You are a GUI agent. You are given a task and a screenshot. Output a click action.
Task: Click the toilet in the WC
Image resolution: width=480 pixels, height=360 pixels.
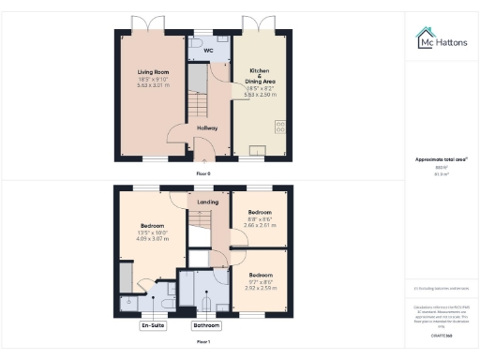click(x=193, y=43)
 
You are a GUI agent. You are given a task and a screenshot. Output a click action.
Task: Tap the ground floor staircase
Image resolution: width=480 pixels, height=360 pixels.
click(x=197, y=91)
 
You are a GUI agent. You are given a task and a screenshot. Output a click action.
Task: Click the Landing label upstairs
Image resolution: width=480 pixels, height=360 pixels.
click(x=208, y=202)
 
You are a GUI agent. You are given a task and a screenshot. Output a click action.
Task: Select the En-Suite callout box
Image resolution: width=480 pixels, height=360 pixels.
click(x=153, y=325)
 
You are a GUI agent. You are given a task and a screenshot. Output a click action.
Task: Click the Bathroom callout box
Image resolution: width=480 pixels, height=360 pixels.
click(x=206, y=325)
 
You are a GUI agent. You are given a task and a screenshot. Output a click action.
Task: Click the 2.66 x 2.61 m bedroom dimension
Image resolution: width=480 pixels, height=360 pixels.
click(x=260, y=225)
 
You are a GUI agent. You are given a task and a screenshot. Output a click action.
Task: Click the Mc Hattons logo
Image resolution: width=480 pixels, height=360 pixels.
click(x=441, y=39)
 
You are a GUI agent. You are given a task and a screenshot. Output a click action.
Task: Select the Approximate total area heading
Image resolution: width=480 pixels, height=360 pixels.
click(x=440, y=159)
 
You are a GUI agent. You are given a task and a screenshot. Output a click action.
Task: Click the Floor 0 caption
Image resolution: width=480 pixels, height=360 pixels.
click(x=203, y=174)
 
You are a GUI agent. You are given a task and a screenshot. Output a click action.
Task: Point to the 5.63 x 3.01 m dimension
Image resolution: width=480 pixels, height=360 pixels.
click(x=151, y=84)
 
